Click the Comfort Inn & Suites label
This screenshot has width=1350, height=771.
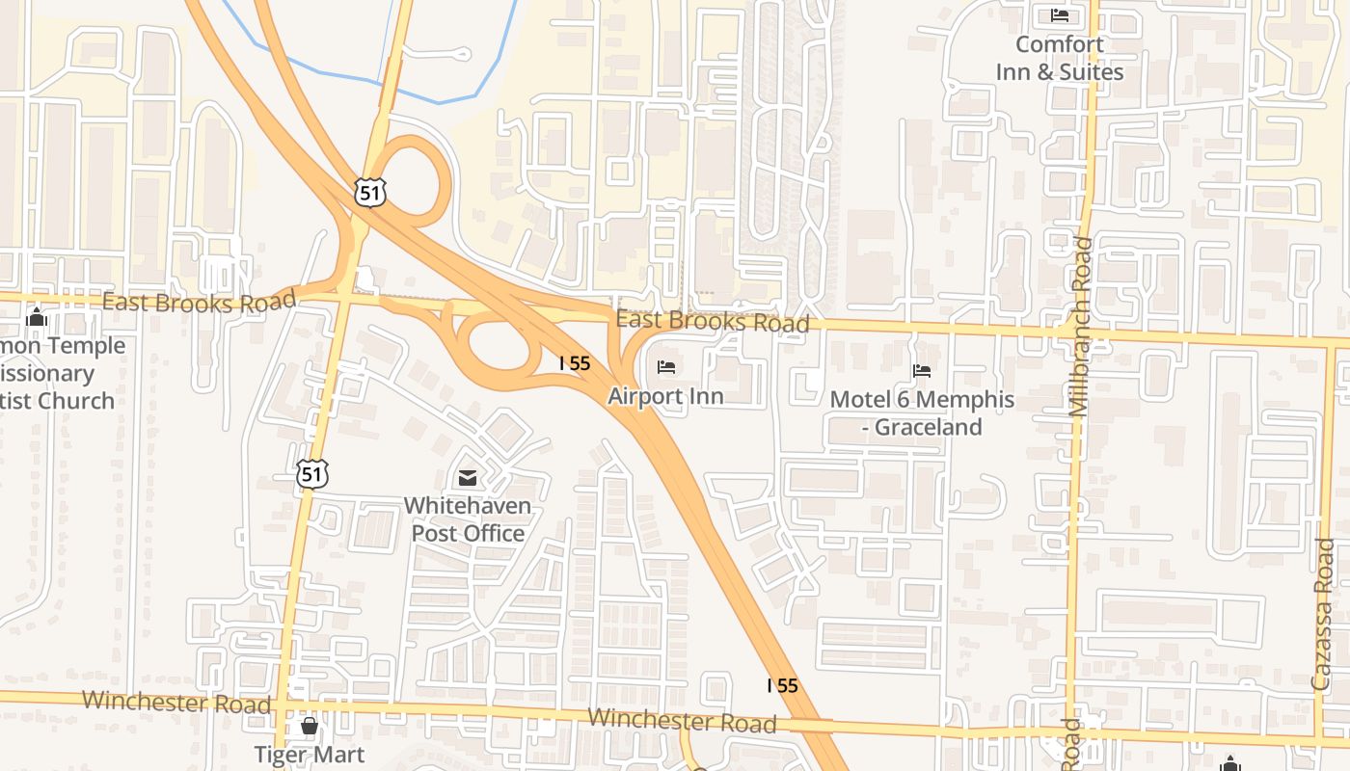point(1060,58)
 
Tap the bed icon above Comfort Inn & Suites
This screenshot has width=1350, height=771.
point(1060,15)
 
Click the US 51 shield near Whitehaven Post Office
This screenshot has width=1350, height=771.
point(311,473)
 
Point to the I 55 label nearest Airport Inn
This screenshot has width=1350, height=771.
point(575,363)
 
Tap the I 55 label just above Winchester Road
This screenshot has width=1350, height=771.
point(782,685)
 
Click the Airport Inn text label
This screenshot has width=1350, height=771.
point(665,396)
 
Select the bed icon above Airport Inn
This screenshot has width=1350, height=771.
point(665,367)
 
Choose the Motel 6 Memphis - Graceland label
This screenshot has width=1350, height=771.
point(922,412)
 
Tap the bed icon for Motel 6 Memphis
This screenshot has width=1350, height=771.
point(922,371)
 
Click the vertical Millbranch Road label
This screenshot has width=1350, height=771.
point(1080,328)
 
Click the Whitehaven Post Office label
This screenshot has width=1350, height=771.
point(468,518)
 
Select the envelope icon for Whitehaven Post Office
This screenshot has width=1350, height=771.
point(468,478)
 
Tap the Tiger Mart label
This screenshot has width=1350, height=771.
point(310,754)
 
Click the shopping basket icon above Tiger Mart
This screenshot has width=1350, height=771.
point(310,726)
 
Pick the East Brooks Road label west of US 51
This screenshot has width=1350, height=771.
point(199,303)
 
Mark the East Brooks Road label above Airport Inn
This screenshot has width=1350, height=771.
point(713,321)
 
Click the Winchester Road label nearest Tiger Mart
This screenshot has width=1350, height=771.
point(176,701)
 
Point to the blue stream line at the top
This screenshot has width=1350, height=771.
point(439,101)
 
